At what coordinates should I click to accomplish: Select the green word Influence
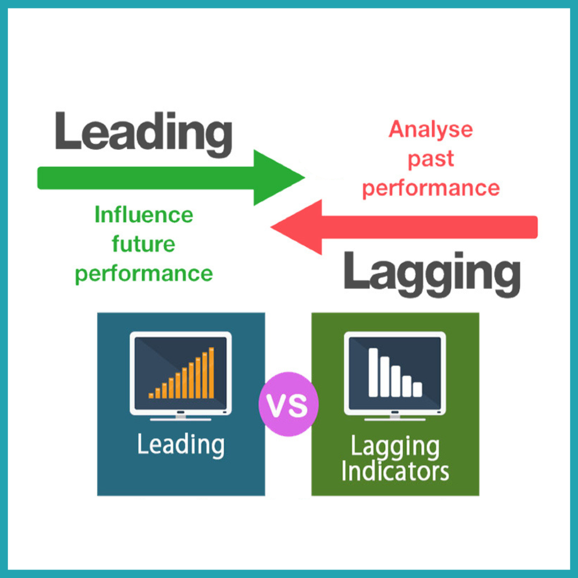[x=143, y=215]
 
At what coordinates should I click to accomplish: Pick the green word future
[x=143, y=244]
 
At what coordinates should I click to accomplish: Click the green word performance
[x=143, y=274]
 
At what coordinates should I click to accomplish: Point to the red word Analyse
[x=431, y=130]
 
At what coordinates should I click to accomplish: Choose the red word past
[x=431, y=159]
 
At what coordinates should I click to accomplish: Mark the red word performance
[x=431, y=188]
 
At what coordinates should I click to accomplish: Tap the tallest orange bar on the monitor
[x=211, y=372]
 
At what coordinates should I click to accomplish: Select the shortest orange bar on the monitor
[x=151, y=396]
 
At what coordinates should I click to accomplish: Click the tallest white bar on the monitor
[x=373, y=372]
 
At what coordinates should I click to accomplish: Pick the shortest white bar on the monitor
[x=417, y=389]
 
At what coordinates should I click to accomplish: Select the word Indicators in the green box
[x=395, y=471]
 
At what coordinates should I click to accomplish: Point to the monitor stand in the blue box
[x=180, y=416]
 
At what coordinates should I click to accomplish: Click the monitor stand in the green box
[x=395, y=416]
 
